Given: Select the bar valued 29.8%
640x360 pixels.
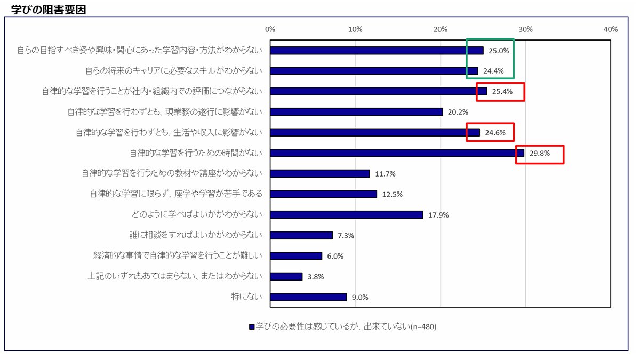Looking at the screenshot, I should (x=397, y=153).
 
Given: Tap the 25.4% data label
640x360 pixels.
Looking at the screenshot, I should (x=502, y=92).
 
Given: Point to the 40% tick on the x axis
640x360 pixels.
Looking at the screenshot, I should (x=610, y=29).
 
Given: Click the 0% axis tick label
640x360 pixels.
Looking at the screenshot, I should (x=270, y=29).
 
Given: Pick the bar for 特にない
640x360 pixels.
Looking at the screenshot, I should (x=308, y=297).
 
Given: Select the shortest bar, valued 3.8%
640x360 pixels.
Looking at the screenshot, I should (x=286, y=276).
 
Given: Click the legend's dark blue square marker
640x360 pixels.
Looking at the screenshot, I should (x=251, y=327).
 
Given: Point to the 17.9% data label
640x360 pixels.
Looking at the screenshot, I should (x=438, y=215).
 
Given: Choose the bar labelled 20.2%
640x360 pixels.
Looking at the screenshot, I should (x=356, y=112).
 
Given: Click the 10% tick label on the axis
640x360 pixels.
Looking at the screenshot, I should (x=355, y=29).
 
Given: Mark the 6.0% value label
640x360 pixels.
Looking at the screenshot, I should (x=335, y=256).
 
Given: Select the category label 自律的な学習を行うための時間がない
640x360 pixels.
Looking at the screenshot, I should (x=196, y=153).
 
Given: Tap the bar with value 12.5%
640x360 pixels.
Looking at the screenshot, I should (x=323, y=194).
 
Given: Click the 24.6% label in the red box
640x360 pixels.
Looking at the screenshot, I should (x=495, y=133).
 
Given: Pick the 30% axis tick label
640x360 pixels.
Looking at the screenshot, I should (x=525, y=29).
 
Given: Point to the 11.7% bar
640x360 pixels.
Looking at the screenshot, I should (x=319, y=174).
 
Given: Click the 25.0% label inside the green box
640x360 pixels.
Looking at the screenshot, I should (x=499, y=51).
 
